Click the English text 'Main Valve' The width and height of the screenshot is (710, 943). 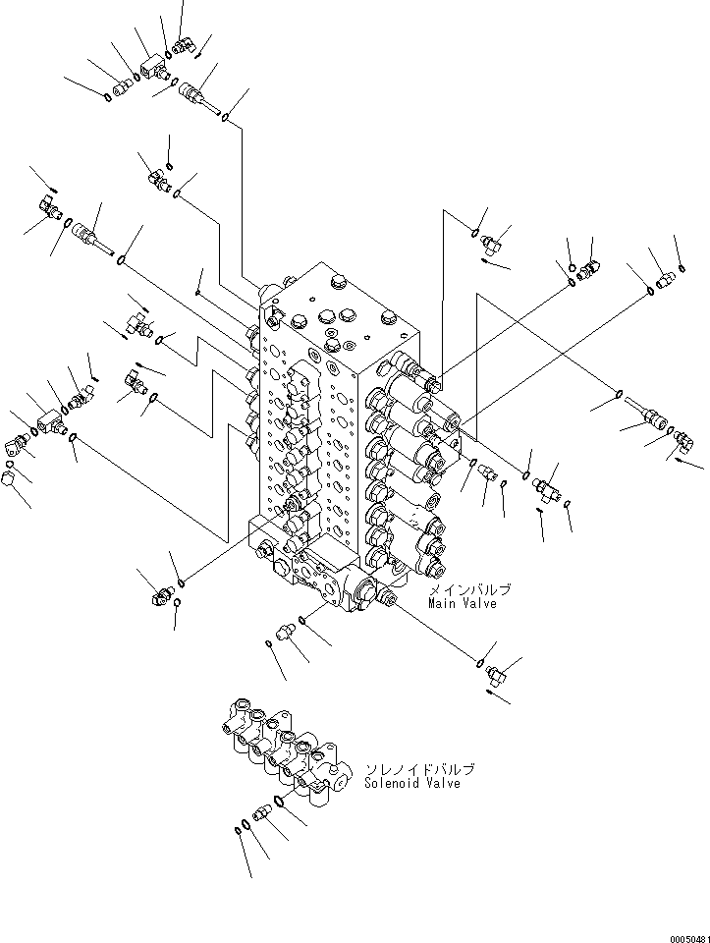tap(462, 603)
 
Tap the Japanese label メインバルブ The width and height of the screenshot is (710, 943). tap(467, 589)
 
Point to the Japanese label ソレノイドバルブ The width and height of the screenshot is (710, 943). tap(406, 769)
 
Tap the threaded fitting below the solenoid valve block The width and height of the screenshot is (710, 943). tap(262, 813)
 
